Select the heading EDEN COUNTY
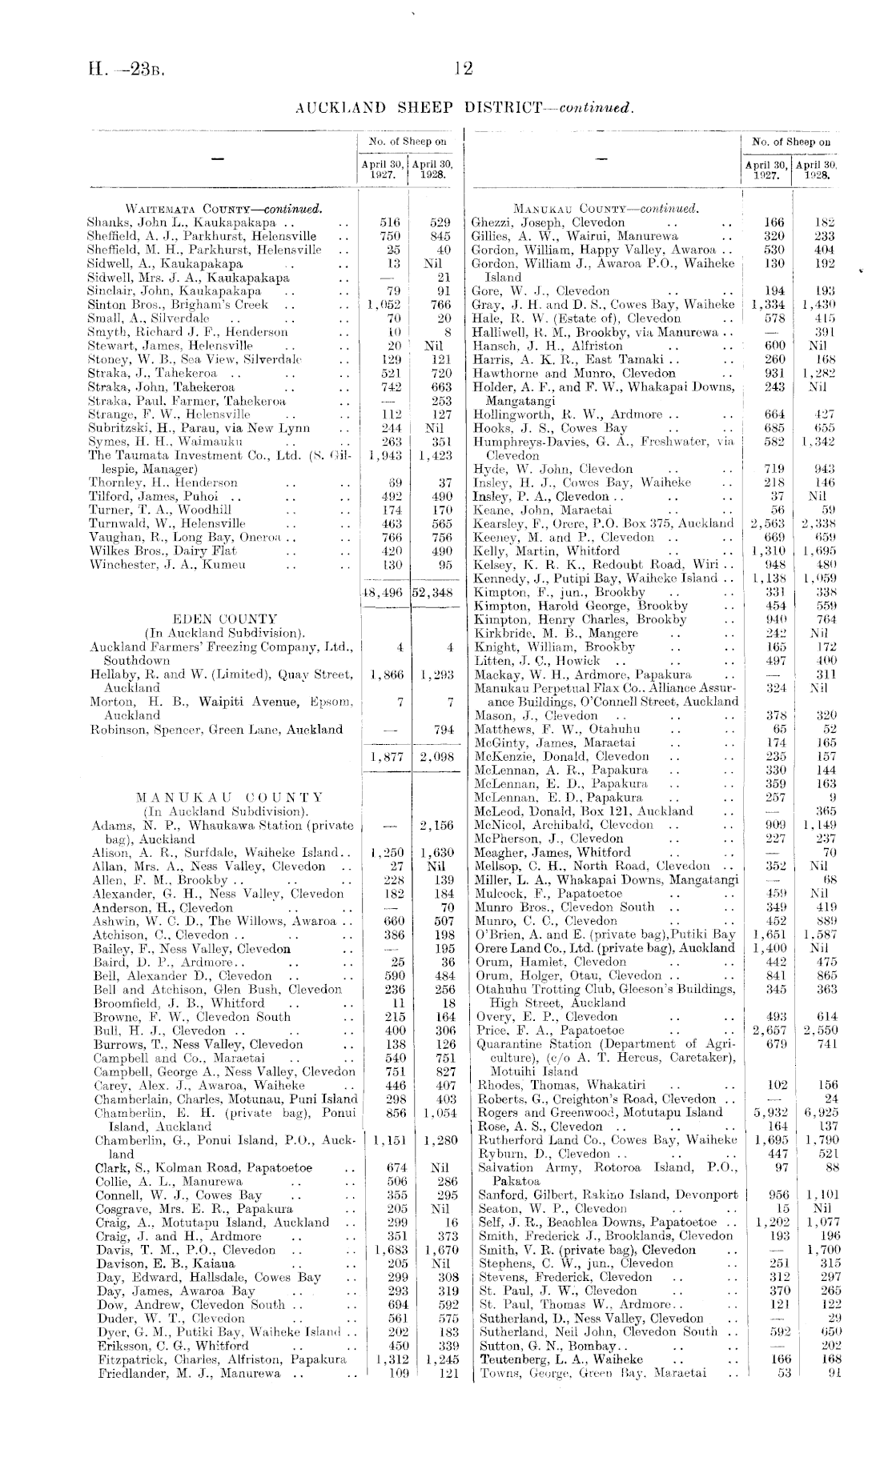click(225, 618)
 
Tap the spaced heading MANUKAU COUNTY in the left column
click(229, 798)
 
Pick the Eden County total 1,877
click(388, 756)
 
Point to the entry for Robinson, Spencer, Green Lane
click(215, 730)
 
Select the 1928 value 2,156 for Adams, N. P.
click(436, 825)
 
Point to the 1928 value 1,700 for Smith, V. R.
click(822, 1249)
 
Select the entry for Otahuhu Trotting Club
click(605, 989)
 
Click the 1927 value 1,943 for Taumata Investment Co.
click(388, 455)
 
